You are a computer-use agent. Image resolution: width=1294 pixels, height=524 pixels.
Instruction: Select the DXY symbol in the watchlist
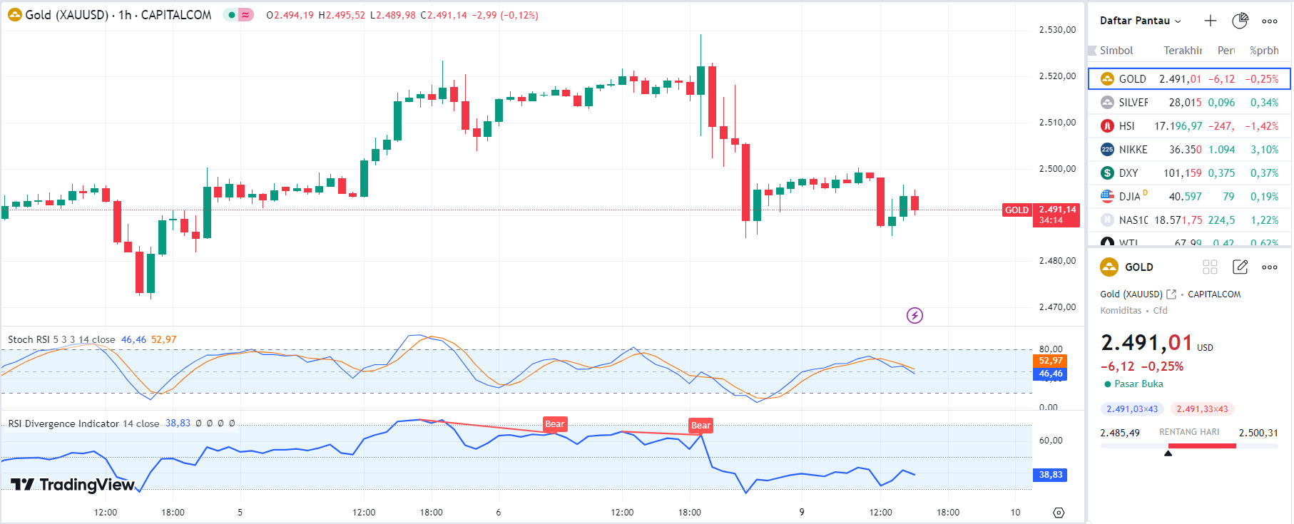click(x=1128, y=173)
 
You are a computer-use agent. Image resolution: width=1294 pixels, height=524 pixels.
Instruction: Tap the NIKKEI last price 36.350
click(x=1185, y=150)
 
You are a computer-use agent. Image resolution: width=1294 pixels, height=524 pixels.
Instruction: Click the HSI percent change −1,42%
click(x=1261, y=126)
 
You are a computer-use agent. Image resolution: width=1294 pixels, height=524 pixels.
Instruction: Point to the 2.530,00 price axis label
click(x=1057, y=30)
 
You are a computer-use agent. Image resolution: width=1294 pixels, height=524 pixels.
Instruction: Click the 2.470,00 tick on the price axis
click(x=1057, y=307)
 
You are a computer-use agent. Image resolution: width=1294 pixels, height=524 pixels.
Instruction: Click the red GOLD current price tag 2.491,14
click(x=1056, y=215)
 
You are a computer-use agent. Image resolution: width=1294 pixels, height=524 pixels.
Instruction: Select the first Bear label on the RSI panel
click(x=554, y=424)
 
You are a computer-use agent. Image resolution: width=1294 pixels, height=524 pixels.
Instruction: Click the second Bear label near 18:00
click(x=701, y=426)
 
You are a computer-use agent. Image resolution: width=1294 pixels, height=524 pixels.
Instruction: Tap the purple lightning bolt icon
click(x=915, y=315)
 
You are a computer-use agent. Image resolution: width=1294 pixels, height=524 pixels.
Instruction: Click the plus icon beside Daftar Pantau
click(x=1210, y=21)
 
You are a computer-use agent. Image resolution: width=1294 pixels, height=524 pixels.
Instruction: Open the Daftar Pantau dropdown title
click(x=1139, y=21)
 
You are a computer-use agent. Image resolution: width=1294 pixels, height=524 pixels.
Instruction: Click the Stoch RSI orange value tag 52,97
click(x=1050, y=361)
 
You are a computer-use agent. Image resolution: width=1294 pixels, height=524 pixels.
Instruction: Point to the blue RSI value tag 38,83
click(x=1050, y=475)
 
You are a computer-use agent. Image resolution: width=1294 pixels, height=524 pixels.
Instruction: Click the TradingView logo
click(x=73, y=485)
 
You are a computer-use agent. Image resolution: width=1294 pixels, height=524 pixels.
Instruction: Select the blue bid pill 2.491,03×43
click(x=1132, y=409)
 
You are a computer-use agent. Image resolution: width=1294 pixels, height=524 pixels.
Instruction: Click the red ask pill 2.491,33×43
click(x=1202, y=409)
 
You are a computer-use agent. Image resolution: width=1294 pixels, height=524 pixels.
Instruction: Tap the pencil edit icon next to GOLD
click(x=1240, y=267)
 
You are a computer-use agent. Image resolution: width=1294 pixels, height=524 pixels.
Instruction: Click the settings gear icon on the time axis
click(x=1059, y=513)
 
